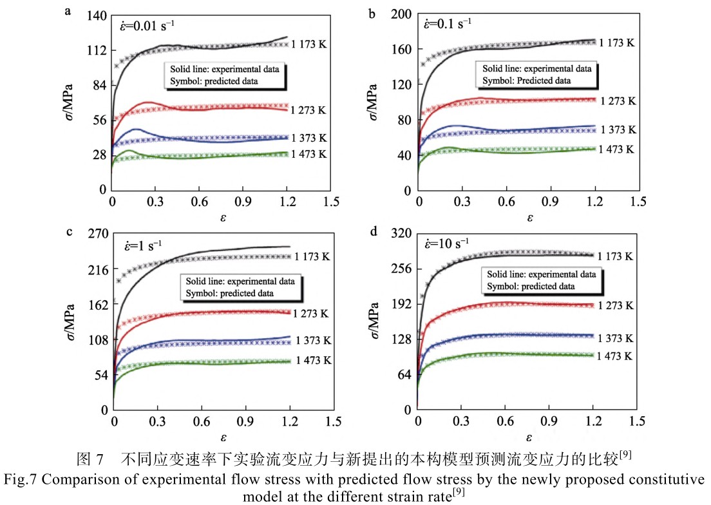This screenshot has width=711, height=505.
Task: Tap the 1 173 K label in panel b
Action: click(x=616, y=43)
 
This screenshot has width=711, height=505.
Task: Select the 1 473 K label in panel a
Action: click(x=309, y=154)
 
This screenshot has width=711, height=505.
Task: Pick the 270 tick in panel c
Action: click(x=95, y=234)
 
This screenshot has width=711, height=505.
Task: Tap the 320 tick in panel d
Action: click(x=400, y=234)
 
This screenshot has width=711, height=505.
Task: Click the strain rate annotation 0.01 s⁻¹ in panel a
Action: click(x=146, y=26)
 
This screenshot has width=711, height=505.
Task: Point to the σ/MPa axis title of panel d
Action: click(x=374, y=320)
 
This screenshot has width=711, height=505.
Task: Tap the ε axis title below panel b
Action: click(x=529, y=218)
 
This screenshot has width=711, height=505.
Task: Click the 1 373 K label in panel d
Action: click(x=614, y=338)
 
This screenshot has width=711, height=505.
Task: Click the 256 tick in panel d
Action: click(x=400, y=269)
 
